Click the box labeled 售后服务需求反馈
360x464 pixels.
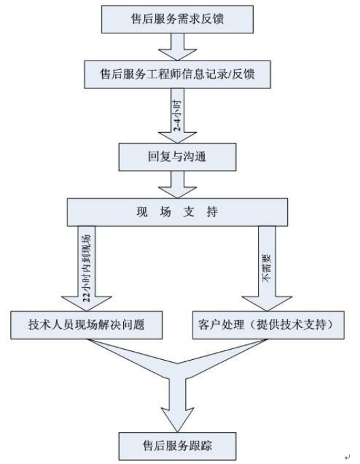(178, 19)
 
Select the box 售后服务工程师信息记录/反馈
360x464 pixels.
(178, 75)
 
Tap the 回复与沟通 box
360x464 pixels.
(178, 157)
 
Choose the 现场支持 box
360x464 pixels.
(178, 212)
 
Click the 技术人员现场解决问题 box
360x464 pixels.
(86, 325)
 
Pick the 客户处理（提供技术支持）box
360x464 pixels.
(269, 325)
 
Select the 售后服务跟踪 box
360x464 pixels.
(178, 446)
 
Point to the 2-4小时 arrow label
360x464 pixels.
(177, 116)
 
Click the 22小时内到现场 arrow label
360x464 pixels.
(86, 268)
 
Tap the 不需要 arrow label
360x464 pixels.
(267, 268)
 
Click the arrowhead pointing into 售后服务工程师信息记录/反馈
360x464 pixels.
(178, 54)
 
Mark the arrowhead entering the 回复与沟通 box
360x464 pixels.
(178, 137)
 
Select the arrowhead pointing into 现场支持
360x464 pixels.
(178, 193)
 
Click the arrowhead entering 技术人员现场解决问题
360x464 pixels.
(86, 304)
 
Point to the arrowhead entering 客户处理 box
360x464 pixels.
(267, 304)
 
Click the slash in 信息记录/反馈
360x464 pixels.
(228, 75)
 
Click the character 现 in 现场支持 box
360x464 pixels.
(142, 212)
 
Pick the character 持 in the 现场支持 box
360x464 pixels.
(212, 212)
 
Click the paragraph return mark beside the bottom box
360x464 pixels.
(347, 457)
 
